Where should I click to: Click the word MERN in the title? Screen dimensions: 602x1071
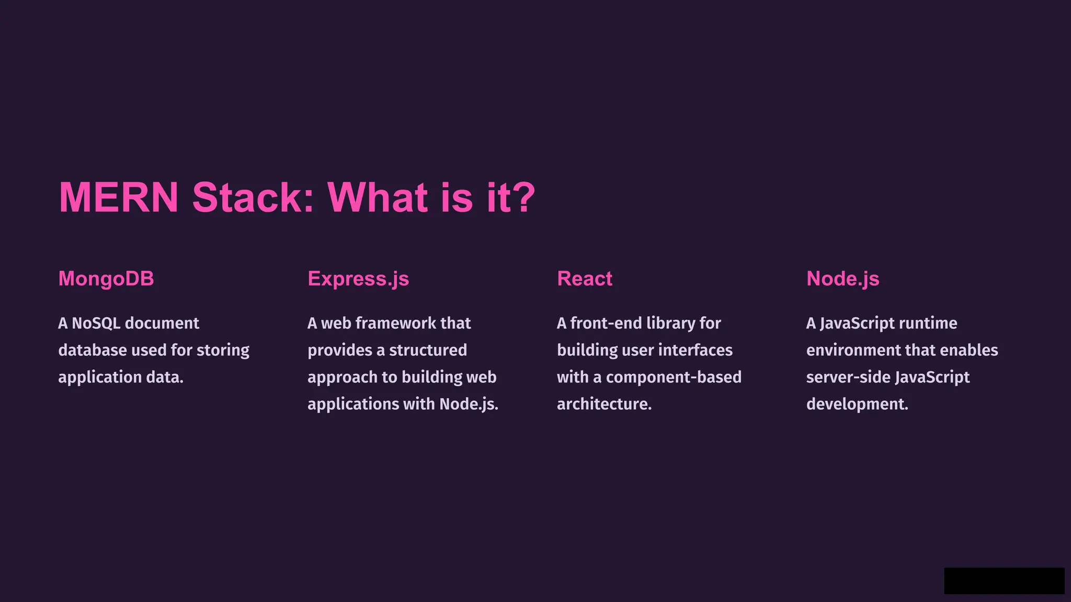click(x=119, y=198)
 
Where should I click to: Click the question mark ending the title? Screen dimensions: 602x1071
click(x=522, y=198)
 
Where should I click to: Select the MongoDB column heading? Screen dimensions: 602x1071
click(x=106, y=279)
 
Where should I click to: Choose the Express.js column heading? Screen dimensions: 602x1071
click(x=358, y=279)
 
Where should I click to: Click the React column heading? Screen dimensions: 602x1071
click(x=585, y=279)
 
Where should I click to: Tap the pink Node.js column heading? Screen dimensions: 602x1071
click(x=842, y=279)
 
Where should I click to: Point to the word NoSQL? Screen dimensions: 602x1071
click(x=96, y=323)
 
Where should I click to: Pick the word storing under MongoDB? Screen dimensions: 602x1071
click(x=223, y=350)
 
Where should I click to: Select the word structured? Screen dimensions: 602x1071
click(x=428, y=350)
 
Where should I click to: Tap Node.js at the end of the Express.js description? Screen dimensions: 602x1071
click(x=469, y=404)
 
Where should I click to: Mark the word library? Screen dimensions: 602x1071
click(x=670, y=323)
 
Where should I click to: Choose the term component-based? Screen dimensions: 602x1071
click(x=674, y=377)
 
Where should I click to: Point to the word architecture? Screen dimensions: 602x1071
click(x=604, y=404)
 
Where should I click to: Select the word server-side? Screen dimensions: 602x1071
click(x=848, y=377)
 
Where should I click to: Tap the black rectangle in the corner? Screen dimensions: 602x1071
click(x=1004, y=581)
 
